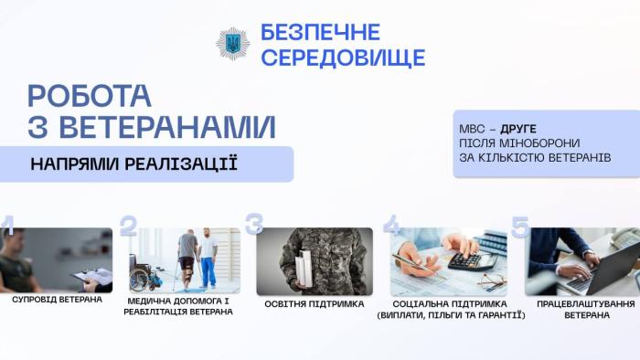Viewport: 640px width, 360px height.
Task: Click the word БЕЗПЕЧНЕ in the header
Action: click(x=320, y=33)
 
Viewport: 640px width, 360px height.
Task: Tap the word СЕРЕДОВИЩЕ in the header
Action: click(x=343, y=58)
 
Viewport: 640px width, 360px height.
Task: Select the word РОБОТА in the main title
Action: click(x=90, y=96)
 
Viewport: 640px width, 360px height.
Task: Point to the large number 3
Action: click(x=254, y=225)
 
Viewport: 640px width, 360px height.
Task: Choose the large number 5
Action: click(x=520, y=227)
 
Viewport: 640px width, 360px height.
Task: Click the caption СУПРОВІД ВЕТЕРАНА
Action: click(x=57, y=299)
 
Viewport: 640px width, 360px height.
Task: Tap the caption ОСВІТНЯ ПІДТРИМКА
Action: click(x=315, y=303)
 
